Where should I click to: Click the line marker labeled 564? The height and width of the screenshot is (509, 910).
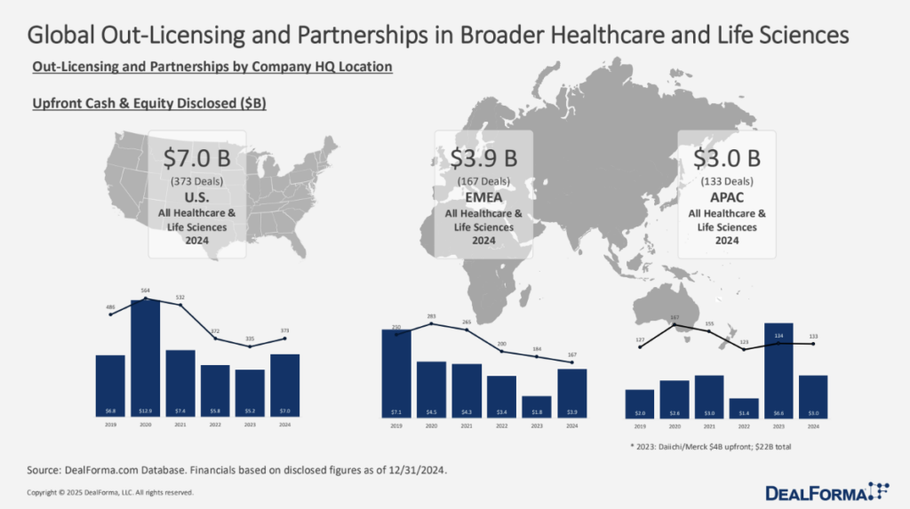click(x=145, y=299)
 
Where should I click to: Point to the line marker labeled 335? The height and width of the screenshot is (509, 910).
click(x=250, y=346)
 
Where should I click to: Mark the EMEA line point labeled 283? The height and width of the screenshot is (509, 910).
click(x=432, y=323)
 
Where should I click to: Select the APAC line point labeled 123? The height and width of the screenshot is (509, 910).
click(x=743, y=349)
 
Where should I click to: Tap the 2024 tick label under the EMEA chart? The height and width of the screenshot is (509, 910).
click(x=571, y=426)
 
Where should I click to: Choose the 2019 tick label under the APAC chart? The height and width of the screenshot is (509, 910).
click(x=639, y=427)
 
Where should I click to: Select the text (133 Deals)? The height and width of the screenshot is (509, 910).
click(x=727, y=183)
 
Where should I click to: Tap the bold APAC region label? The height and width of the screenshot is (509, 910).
click(x=727, y=198)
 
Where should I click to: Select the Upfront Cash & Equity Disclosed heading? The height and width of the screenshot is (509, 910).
click(x=149, y=104)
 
